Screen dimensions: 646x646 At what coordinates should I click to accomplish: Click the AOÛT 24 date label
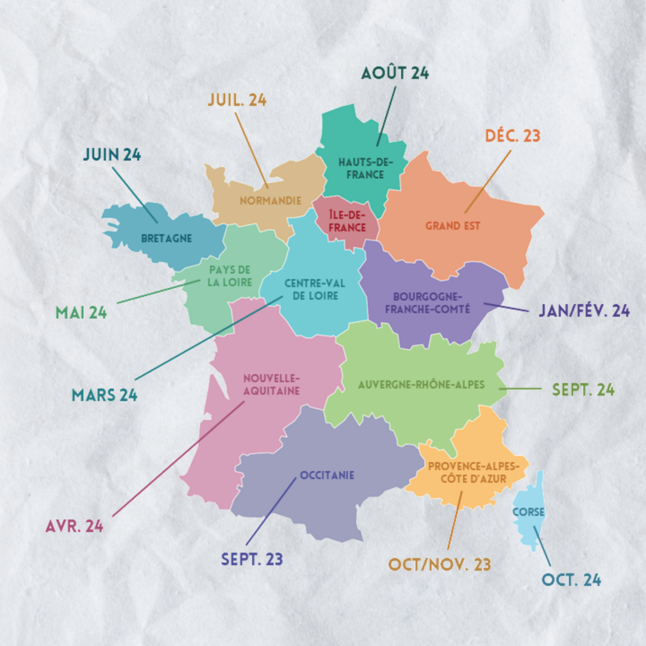[395, 74]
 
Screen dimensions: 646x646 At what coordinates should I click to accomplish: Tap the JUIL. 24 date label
[237, 100]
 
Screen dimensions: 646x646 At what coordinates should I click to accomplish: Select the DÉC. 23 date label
[512, 136]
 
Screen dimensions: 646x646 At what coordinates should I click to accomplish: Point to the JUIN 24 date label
[112, 155]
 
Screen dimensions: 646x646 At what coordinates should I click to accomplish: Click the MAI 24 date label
[81, 312]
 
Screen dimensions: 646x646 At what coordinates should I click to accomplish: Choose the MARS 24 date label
[105, 395]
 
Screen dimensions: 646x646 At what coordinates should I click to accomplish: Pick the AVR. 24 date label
[75, 526]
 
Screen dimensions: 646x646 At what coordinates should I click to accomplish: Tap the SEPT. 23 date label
[252, 560]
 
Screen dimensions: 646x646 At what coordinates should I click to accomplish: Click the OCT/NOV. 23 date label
[440, 565]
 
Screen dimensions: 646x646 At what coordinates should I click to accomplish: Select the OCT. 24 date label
[571, 580]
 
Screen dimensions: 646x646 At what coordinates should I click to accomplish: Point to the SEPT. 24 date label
[583, 390]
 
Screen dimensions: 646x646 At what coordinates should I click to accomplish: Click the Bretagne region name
[167, 238]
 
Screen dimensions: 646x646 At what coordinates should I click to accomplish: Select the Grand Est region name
[453, 226]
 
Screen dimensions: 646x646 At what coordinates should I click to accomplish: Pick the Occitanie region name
[327, 476]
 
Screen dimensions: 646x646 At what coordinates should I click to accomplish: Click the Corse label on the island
[528, 512]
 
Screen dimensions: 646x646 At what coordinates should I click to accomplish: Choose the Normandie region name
[270, 201]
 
